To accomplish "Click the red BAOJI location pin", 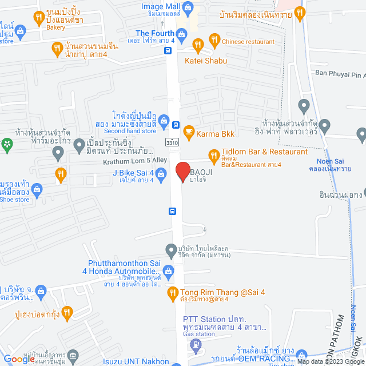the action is click(x=182, y=172).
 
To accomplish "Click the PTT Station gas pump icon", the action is click(x=197, y=344).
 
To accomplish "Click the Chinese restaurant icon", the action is click(x=214, y=39).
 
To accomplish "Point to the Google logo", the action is click(x=21, y=359).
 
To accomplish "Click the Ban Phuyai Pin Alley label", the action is click(x=340, y=73).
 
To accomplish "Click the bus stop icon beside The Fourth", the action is click(x=168, y=50).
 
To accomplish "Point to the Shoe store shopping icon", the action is click(x=37, y=188).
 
